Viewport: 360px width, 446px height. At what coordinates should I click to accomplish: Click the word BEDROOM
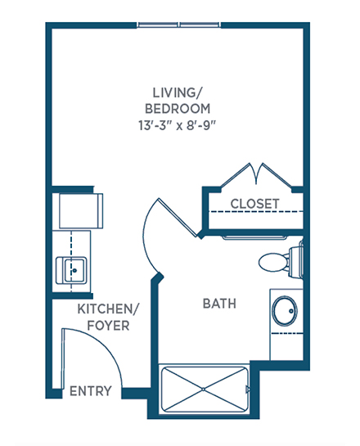178,109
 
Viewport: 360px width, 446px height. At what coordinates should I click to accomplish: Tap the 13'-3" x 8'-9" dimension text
178,125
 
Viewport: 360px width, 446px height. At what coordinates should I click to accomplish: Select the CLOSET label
254,204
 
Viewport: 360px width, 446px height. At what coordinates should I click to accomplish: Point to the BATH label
219,304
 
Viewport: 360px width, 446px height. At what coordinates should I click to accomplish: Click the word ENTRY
91,391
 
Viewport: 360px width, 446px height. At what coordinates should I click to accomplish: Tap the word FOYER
108,326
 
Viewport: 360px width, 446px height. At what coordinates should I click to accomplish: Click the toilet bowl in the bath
273,262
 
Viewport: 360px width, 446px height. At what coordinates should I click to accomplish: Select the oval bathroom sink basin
285,311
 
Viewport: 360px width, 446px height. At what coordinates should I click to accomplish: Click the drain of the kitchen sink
74,271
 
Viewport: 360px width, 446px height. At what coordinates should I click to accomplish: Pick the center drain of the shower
203,389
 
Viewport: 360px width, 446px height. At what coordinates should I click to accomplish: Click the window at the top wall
178,25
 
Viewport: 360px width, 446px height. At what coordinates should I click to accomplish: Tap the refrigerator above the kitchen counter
81,211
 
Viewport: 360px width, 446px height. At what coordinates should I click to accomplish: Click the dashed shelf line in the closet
255,212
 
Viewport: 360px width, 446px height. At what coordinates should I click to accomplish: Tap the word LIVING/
178,92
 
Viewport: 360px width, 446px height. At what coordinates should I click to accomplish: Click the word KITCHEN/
108,309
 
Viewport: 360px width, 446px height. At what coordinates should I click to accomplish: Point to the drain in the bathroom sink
291,311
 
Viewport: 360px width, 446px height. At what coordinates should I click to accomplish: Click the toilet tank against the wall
295,262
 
